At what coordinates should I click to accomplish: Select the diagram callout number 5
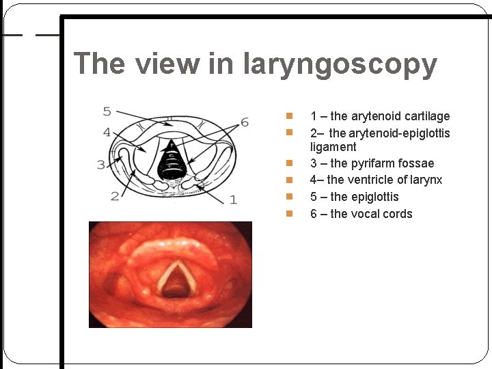[x=107, y=111]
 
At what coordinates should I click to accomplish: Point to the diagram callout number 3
[x=101, y=164]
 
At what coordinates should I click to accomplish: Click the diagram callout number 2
[x=114, y=197]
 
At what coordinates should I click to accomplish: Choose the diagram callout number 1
[x=233, y=200]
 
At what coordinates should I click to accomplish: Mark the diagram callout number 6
[x=245, y=122]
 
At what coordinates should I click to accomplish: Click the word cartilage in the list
[x=426, y=116]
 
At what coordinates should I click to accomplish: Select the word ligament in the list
[x=333, y=147]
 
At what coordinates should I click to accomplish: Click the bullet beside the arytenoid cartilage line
[x=289, y=116]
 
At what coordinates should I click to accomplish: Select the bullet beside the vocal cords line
[x=289, y=214]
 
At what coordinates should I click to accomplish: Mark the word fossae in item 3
[x=419, y=163]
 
